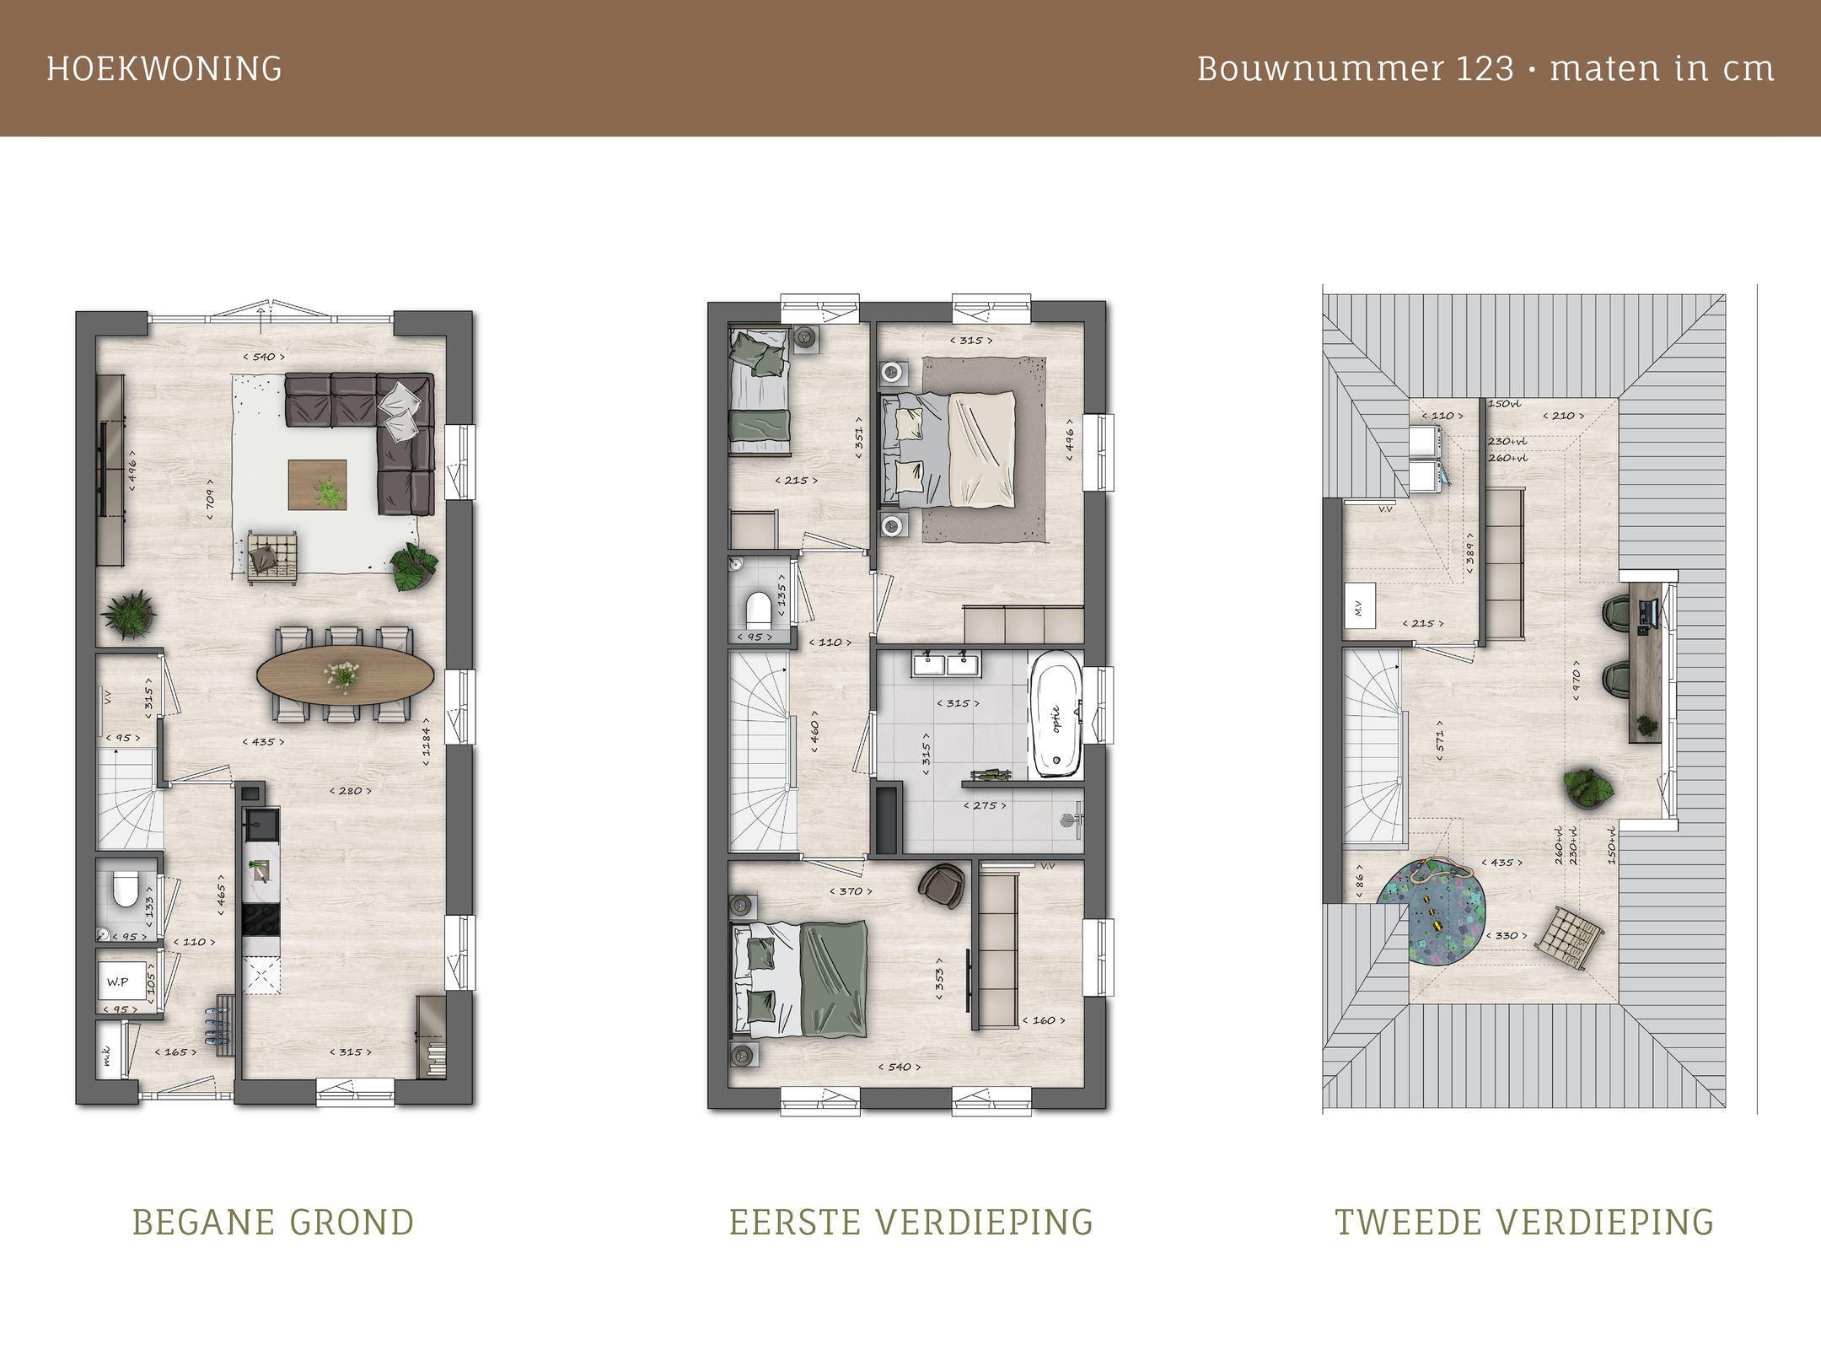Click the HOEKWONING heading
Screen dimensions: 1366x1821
click(164, 68)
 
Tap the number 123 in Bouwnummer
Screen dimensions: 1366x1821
click(1485, 68)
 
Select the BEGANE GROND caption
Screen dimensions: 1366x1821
click(273, 1222)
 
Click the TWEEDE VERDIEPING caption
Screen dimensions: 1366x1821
click(1524, 1222)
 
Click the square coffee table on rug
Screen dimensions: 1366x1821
click(318, 485)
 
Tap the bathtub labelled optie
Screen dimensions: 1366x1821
click(1055, 714)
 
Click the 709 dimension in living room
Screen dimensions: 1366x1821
click(211, 493)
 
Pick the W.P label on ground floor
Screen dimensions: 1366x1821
click(117, 982)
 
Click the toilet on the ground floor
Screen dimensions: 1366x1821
click(125, 889)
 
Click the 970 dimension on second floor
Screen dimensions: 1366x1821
click(1576, 685)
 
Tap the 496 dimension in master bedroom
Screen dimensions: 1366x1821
click(1069, 444)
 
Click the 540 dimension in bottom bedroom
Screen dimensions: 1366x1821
click(900, 1067)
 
